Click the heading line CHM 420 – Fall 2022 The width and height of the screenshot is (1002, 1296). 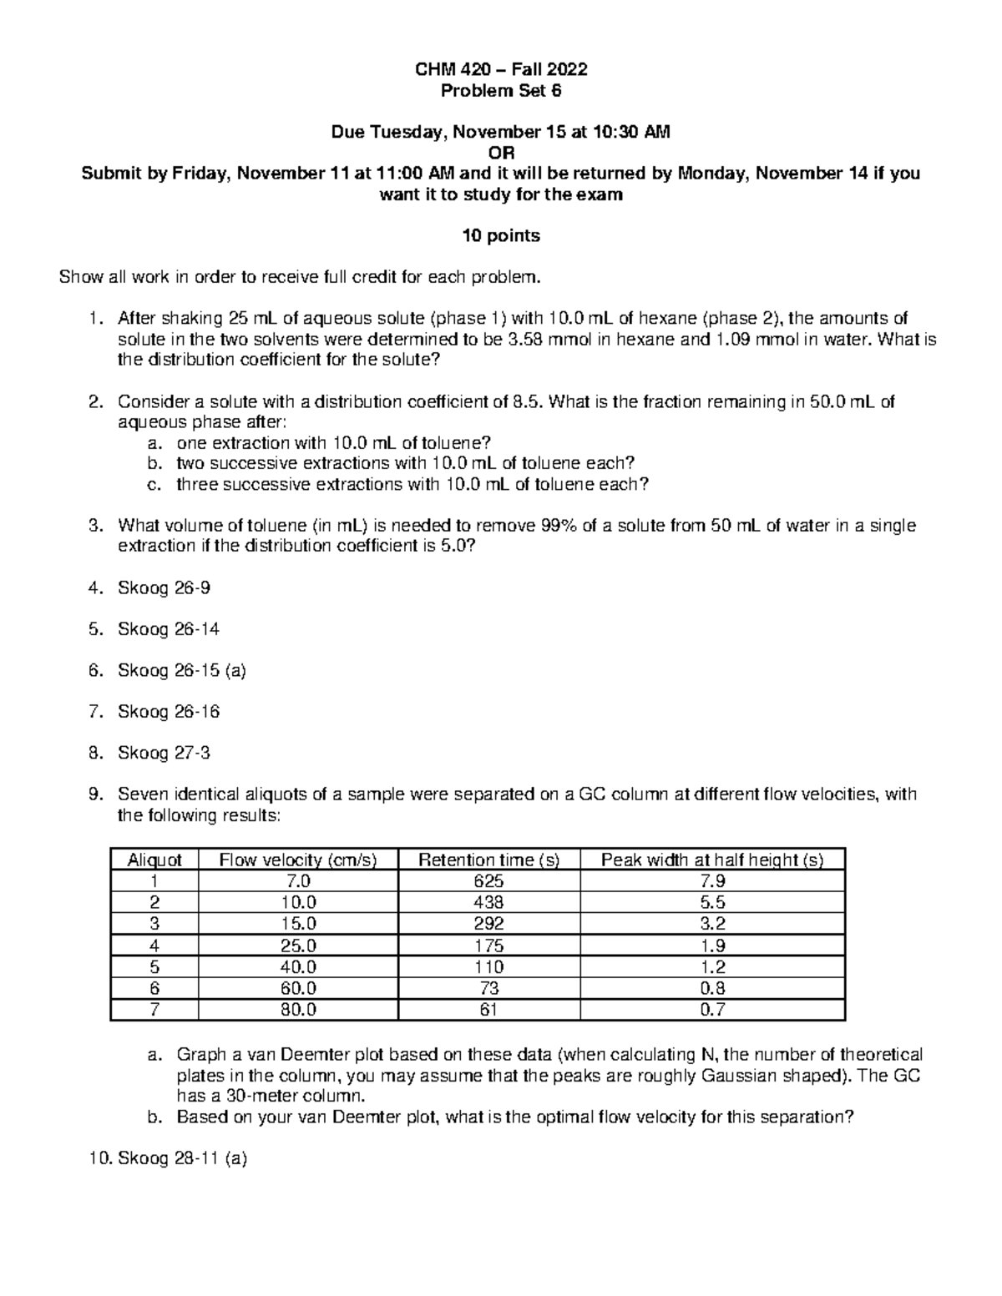[501, 70]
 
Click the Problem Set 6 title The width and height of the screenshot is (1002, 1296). [501, 91]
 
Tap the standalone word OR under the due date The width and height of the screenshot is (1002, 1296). [501, 153]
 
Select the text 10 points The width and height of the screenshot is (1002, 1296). [501, 235]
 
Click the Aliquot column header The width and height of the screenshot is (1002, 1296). [154, 860]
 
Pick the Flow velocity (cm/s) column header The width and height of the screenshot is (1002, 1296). [298, 860]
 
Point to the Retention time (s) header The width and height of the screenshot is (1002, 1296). [488, 860]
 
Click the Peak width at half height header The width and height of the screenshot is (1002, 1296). [711, 860]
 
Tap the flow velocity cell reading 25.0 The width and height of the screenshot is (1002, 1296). [298, 946]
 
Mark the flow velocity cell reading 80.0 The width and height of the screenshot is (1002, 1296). [298, 1010]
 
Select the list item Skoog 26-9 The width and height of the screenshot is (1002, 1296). [164, 587]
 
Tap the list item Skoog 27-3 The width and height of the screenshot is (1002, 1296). [164, 753]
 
